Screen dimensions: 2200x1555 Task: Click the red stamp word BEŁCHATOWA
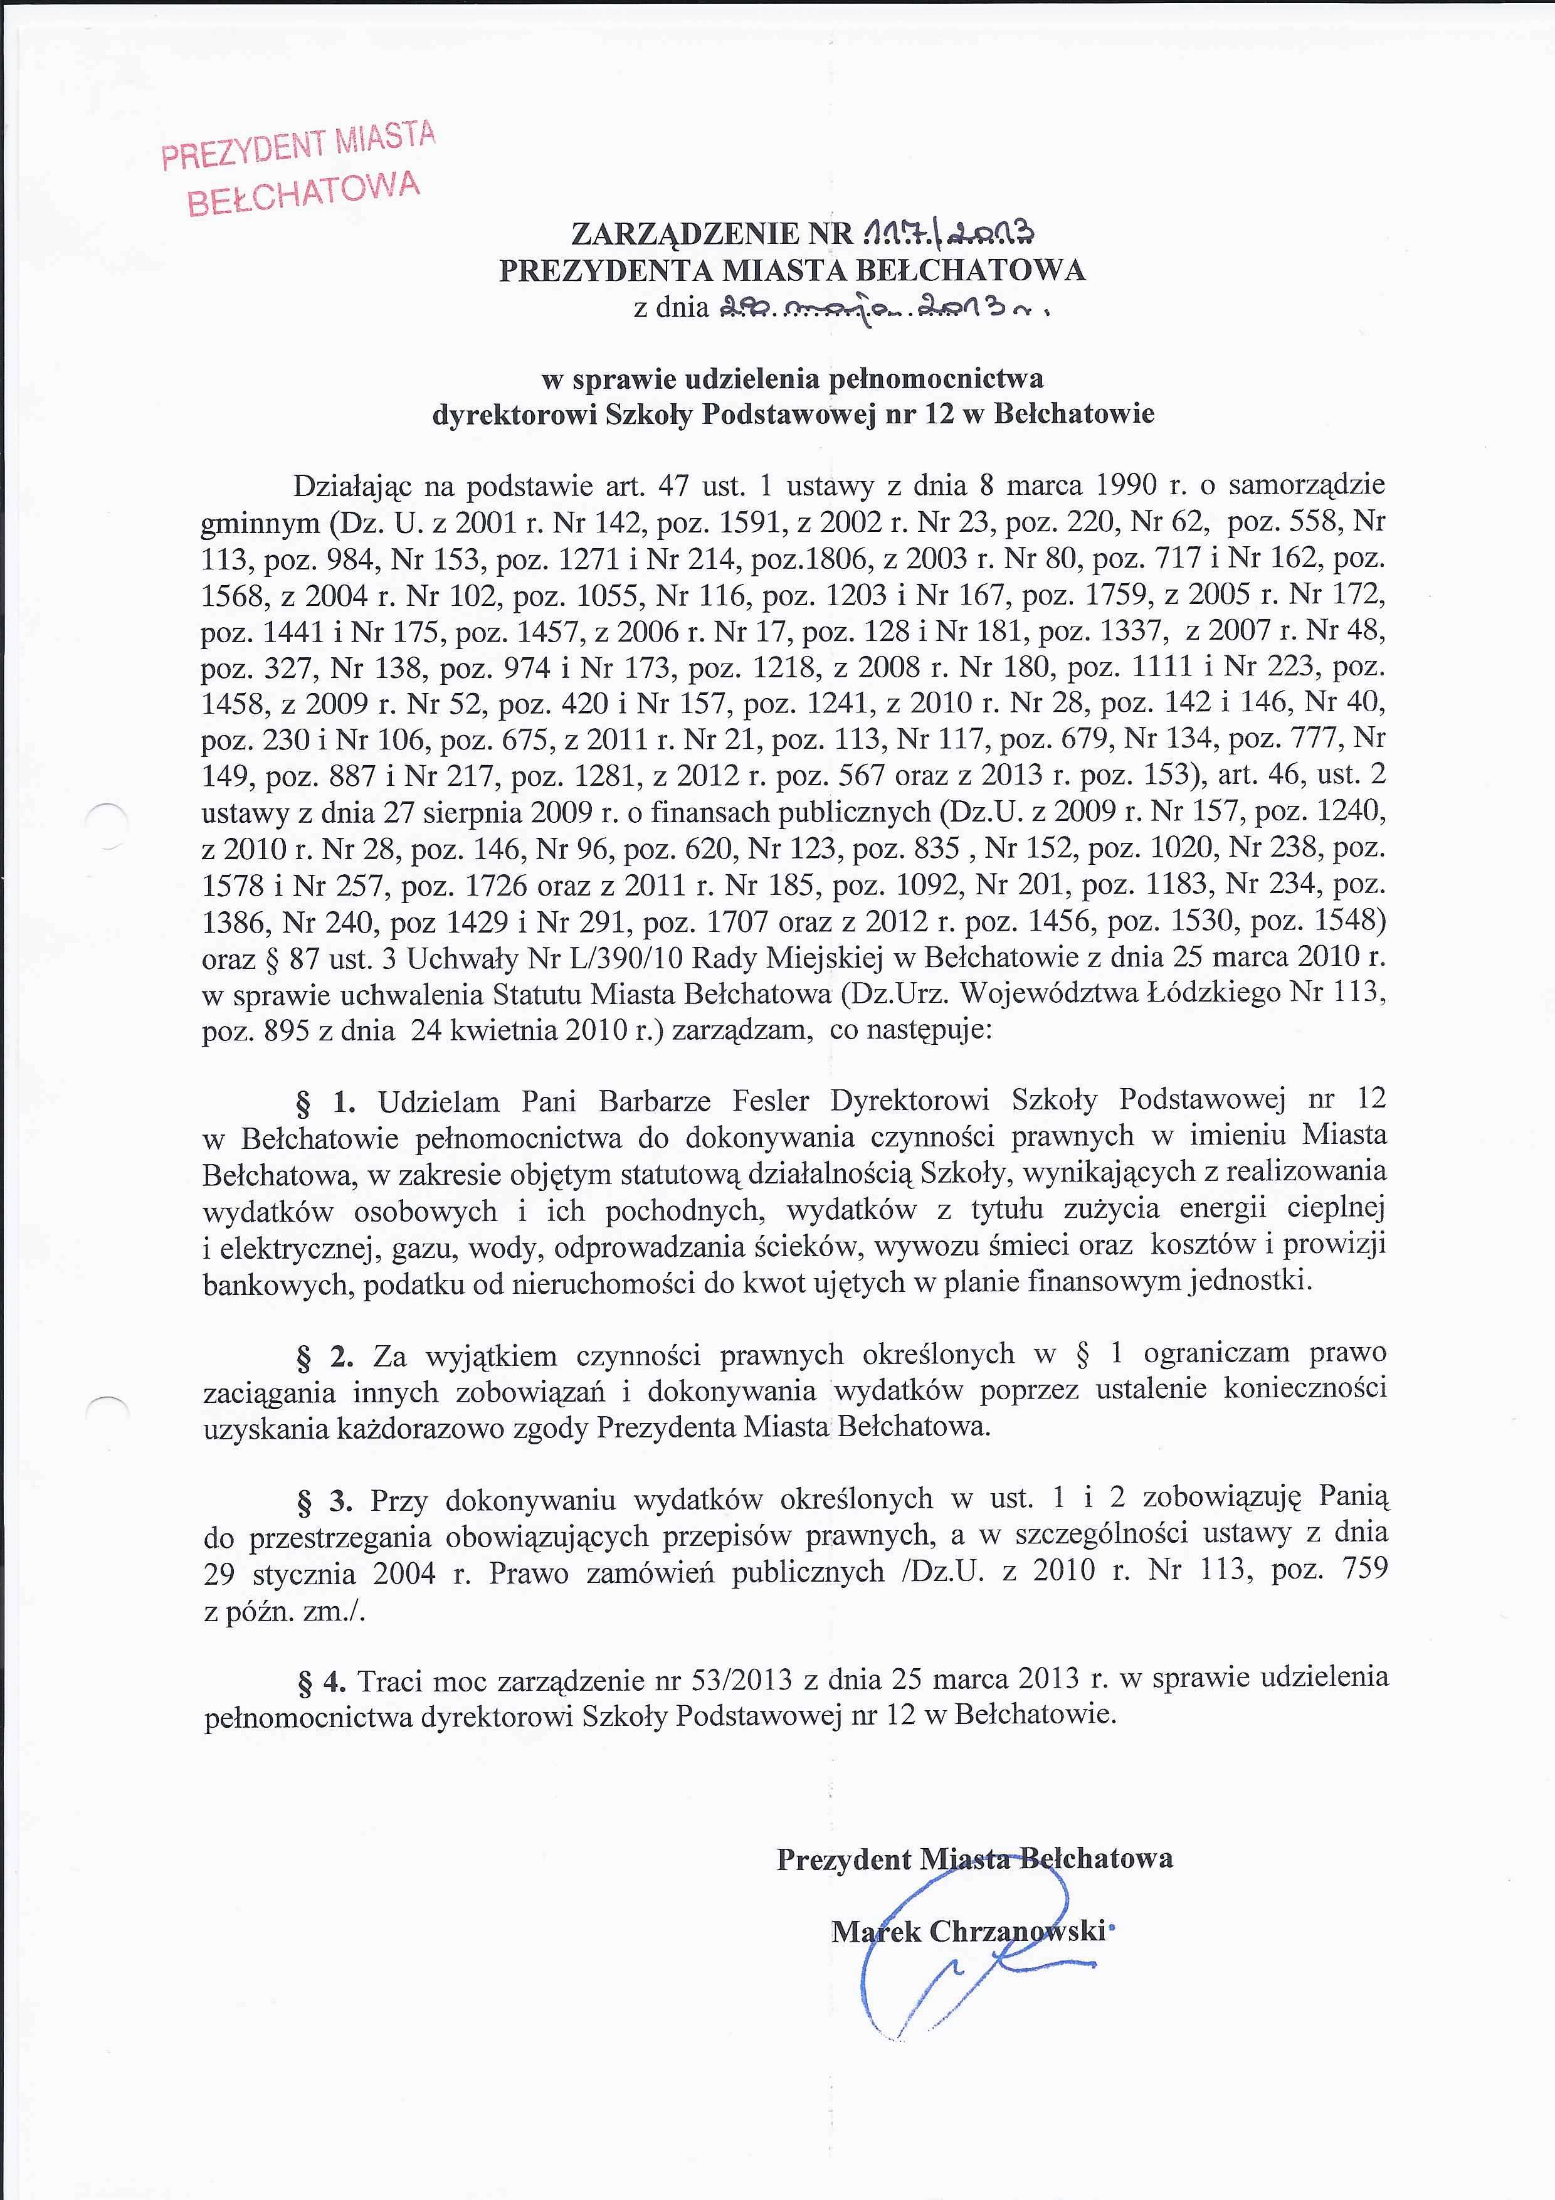tap(303, 194)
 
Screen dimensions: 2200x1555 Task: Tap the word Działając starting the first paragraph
tap(352, 486)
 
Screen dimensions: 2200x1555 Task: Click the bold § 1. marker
tap(326, 1103)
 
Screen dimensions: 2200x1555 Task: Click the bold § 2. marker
tap(326, 1356)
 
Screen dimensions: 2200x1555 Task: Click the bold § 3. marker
tap(326, 1499)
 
